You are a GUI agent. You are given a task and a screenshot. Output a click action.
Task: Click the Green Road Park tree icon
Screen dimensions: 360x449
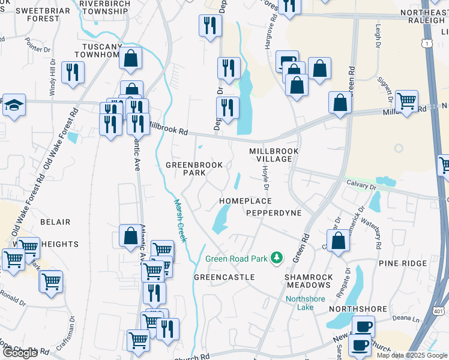pos(277,257)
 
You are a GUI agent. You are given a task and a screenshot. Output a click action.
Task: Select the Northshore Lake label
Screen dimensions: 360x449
pos(305,303)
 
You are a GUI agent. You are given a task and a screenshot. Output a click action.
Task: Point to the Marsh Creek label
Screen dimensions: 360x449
pos(180,220)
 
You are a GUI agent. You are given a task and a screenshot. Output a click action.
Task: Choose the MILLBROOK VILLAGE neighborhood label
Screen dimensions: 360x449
pos(274,155)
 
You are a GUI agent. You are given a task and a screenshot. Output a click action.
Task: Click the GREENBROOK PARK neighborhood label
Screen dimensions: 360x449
pos(194,169)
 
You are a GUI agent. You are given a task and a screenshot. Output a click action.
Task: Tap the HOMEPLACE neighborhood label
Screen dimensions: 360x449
pos(245,201)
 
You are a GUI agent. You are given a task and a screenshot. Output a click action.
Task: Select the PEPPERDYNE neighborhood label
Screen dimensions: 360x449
pos(274,213)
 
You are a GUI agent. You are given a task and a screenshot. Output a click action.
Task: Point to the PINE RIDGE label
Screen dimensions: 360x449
pos(402,263)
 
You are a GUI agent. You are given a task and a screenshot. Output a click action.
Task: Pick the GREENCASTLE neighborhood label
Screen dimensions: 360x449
pos(224,277)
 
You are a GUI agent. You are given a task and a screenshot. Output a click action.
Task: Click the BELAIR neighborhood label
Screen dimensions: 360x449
pos(55,222)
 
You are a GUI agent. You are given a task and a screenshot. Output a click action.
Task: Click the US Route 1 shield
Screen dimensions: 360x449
pos(427,43)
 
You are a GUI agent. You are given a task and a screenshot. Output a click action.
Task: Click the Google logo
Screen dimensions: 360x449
pos(20,353)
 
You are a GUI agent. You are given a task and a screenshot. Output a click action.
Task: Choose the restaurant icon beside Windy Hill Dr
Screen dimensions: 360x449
pos(73,72)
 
